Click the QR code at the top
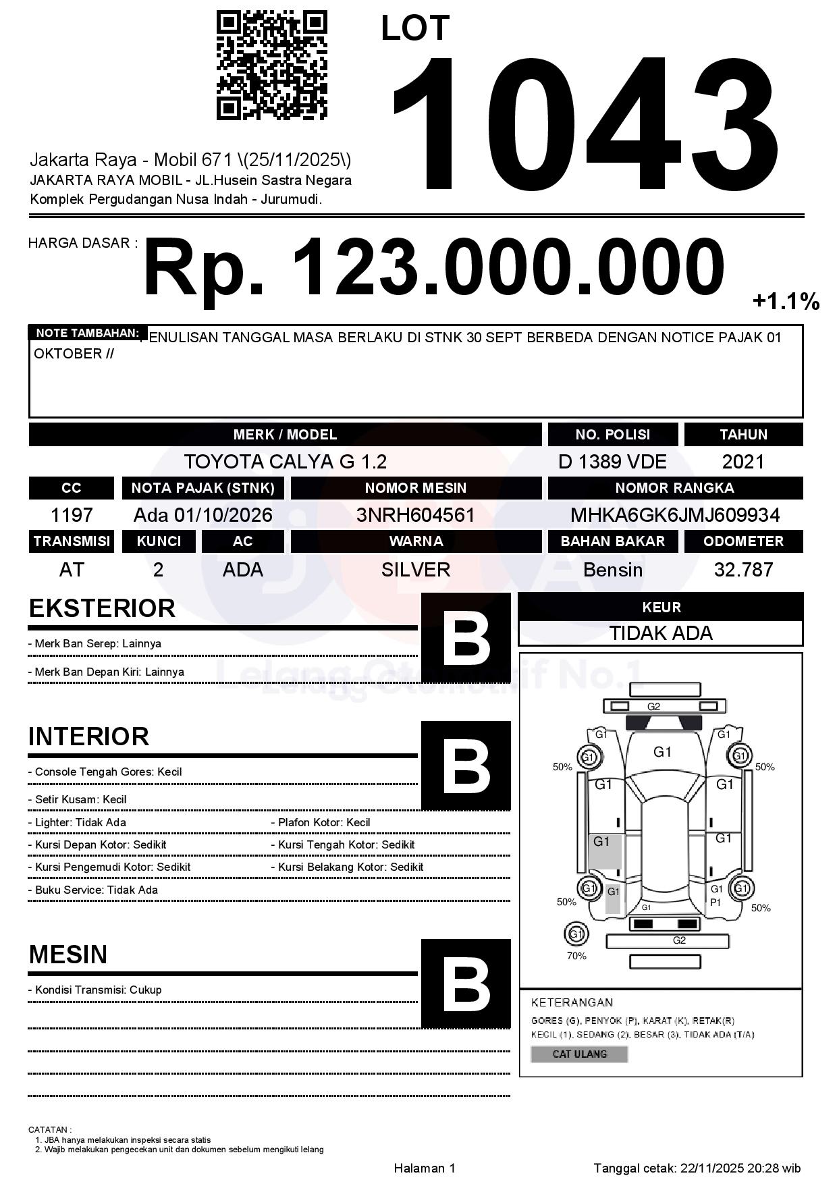pyautogui.click(x=271, y=65)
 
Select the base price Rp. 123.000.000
pyautogui.click(x=433, y=267)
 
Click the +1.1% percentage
pyautogui.click(x=786, y=301)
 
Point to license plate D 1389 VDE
pyautogui.click(x=612, y=462)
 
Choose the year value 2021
pyautogui.click(x=743, y=462)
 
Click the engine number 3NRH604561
pyautogui.click(x=416, y=515)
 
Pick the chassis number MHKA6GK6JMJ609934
pyautogui.click(x=675, y=515)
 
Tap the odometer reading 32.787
pyautogui.click(x=743, y=570)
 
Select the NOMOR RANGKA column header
pyautogui.click(x=675, y=487)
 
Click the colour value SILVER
pyautogui.click(x=416, y=570)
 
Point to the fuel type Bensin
pyautogui.click(x=612, y=570)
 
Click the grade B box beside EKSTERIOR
pyautogui.click(x=466, y=638)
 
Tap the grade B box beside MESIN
pyautogui.click(x=466, y=984)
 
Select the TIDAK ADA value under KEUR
pyautogui.click(x=661, y=633)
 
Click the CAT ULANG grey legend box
pyautogui.click(x=579, y=1054)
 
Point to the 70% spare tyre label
pyautogui.click(x=576, y=956)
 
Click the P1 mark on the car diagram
pyautogui.click(x=715, y=903)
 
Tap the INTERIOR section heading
pyautogui.click(x=88, y=736)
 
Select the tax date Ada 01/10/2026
pyautogui.click(x=202, y=515)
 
